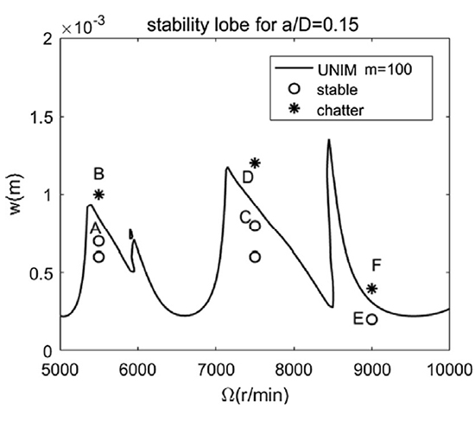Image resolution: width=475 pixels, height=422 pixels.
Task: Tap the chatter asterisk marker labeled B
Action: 99,195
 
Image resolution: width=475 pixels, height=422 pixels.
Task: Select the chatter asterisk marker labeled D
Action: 255,163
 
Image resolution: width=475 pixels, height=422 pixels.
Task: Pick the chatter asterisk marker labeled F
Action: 372,289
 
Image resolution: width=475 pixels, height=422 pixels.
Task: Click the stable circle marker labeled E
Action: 371,319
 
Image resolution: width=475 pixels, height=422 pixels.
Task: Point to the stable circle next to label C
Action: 255,226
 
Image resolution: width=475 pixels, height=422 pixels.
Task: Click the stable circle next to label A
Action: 99,241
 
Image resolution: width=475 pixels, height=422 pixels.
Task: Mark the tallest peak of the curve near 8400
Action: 328,140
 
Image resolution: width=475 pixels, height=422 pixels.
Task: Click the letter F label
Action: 376,265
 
